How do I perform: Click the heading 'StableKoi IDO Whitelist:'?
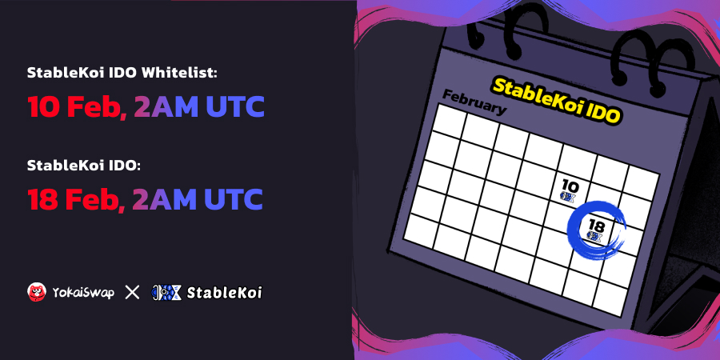pos(122,73)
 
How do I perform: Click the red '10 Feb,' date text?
pos(77,107)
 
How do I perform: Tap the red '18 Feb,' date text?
pos(76,199)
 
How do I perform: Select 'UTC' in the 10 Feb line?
pos(235,106)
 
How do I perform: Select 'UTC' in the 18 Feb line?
pos(234,199)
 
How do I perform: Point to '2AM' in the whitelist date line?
pos(166,106)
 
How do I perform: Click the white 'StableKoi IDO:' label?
pos(82,166)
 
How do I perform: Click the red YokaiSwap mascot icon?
pos(37,292)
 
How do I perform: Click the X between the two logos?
pos(132,292)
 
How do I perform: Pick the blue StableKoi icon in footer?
pos(166,293)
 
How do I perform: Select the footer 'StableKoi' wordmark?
pos(225,293)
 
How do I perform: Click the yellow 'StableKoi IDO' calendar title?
pos(557,100)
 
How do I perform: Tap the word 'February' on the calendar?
pos(474,102)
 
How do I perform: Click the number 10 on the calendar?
pos(570,186)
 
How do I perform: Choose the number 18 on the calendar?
pos(597,226)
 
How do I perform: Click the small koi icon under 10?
pos(569,197)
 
